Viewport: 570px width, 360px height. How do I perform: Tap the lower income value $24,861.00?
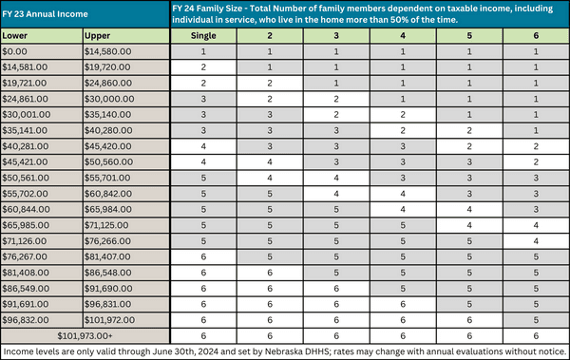[x=28, y=98]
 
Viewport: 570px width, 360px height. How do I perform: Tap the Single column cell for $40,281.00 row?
[x=203, y=146]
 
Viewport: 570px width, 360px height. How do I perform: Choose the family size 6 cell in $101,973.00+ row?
[x=537, y=335]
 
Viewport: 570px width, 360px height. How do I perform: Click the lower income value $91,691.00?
[x=28, y=304]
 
